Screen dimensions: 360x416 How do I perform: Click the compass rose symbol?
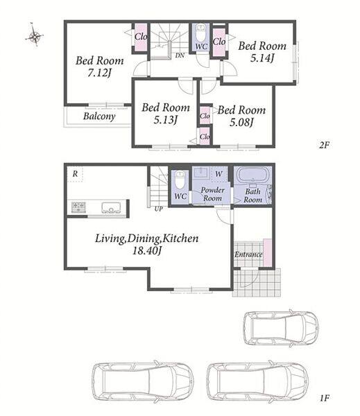[35, 35]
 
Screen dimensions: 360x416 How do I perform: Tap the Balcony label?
[99, 116]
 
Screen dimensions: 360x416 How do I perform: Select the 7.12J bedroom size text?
[98, 73]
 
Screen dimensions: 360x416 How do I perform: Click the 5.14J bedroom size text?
[262, 58]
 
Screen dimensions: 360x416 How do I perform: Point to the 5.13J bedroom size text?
[165, 120]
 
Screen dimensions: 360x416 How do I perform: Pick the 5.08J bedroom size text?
[241, 123]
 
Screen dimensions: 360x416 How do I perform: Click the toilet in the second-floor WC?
[201, 33]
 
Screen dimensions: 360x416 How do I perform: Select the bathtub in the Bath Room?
[252, 175]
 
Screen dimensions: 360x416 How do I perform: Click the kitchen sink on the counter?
[112, 207]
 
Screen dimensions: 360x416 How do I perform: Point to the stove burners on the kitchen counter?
[78, 207]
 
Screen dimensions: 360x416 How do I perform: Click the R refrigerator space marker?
[75, 174]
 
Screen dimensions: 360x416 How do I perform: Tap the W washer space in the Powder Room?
[218, 174]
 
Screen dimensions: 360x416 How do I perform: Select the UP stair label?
[158, 209]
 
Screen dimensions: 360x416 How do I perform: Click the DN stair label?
[180, 55]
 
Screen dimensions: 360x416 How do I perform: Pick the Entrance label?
[248, 254]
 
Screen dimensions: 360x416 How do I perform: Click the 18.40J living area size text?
[147, 250]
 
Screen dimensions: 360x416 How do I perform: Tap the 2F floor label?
[324, 145]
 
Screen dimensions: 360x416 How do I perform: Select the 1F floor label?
[324, 398]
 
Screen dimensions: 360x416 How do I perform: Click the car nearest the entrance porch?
[281, 328]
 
